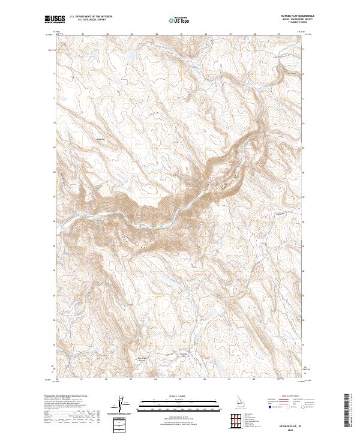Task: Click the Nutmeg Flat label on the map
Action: click(184, 355)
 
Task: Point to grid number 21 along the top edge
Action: click(82, 34)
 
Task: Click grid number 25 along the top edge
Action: click(181, 34)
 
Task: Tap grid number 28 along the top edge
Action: click(256, 34)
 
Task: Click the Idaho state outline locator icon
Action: click(220, 403)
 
